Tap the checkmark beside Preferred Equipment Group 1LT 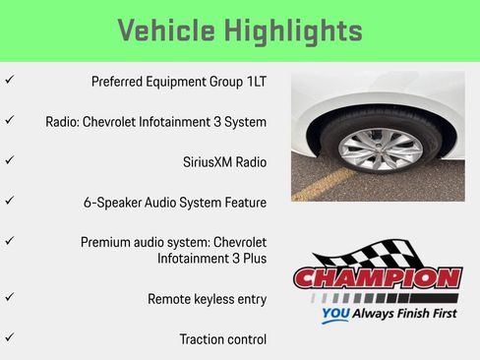tap(9, 80)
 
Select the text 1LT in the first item tap(254, 82)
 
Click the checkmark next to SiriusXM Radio tap(9, 158)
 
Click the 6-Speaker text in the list tap(114, 203)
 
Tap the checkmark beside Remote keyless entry tap(9, 295)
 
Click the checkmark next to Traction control tap(9, 336)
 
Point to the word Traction tap(204, 339)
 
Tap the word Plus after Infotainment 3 tap(252, 258)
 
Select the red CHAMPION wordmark tap(377, 278)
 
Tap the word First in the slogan tap(439, 317)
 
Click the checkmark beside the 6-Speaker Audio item tap(9, 200)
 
